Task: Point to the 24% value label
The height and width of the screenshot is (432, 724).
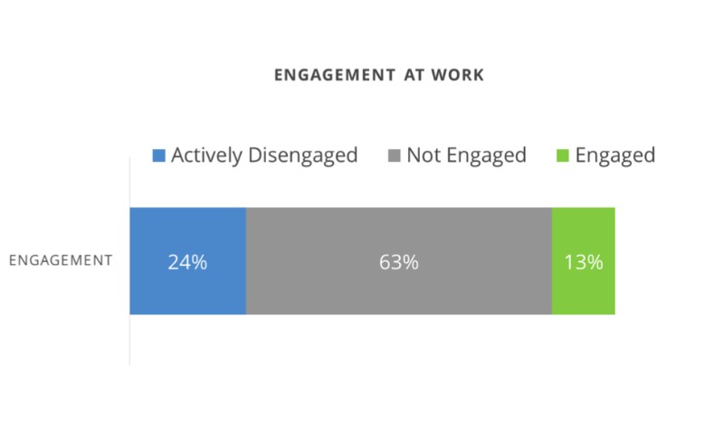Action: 187,263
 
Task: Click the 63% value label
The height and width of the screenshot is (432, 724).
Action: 399,263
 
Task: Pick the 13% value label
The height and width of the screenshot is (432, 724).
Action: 584,263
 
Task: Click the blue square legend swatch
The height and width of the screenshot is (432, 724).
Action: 159,155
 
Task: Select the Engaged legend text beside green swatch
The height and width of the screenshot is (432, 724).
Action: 614,155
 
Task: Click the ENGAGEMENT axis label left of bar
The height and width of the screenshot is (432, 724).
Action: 61,260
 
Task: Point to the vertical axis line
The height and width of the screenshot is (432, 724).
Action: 129,343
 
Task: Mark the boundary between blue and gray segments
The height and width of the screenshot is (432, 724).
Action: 246,261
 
